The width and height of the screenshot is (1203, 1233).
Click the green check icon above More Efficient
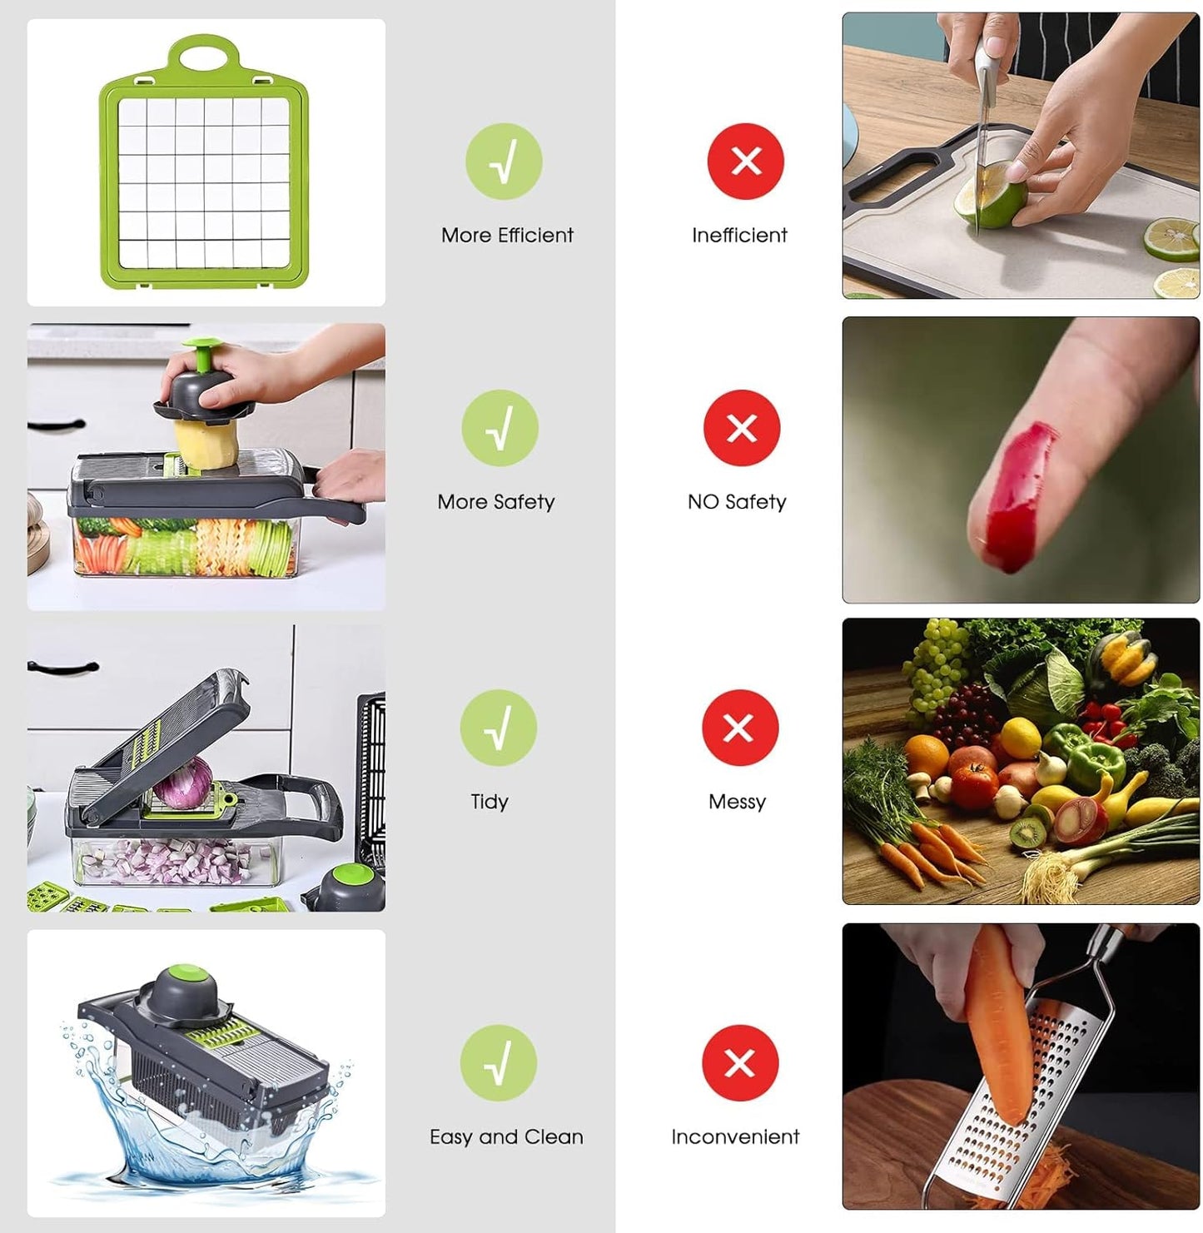click(504, 161)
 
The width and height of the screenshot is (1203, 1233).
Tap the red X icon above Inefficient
click(745, 161)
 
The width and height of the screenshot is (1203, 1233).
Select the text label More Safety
click(496, 501)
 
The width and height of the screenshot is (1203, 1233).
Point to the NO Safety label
click(737, 501)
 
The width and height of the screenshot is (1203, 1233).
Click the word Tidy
click(490, 801)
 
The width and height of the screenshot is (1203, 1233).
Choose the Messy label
click(737, 801)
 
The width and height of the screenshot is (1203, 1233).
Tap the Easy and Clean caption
click(506, 1136)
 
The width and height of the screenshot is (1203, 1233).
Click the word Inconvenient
click(735, 1136)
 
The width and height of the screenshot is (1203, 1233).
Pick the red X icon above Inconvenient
click(739, 1063)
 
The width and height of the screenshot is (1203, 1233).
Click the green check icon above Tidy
click(498, 727)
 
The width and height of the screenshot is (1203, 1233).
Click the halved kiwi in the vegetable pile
click(1026, 832)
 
